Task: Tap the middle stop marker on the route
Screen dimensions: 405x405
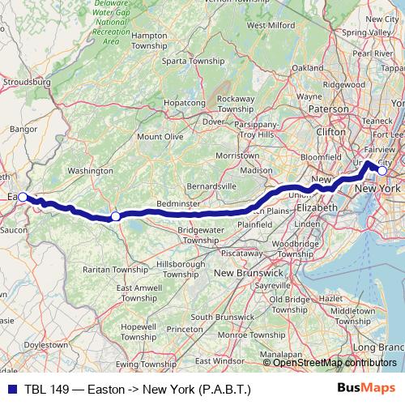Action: [x=116, y=216]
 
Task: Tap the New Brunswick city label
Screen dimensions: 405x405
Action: [x=248, y=274]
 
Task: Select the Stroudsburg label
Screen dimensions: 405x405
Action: [x=28, y=83]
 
